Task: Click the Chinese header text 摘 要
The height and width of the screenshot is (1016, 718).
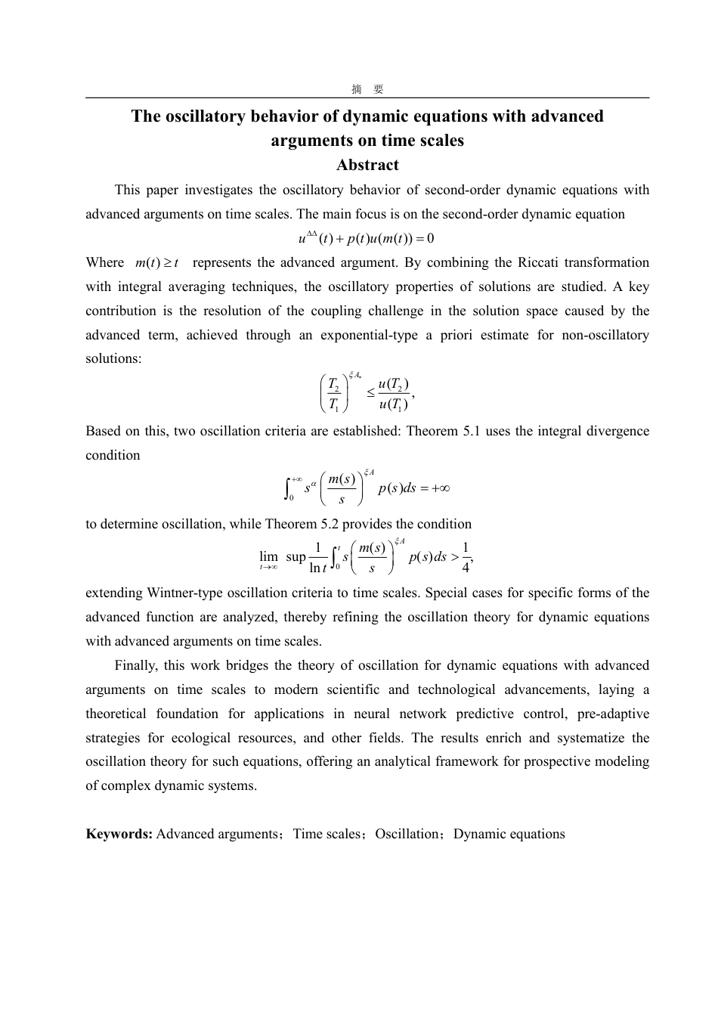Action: pyautogui.click(x=367, y=89)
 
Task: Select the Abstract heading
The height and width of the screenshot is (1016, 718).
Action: pyautogui.click(x=367, y=165)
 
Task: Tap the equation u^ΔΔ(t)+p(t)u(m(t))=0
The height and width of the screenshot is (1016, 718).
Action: pyautogui.click(x=367, y=239)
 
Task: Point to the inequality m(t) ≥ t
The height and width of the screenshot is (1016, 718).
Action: pyautogui.click(x=156, y=263)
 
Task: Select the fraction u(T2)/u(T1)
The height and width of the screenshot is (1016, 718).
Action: pyautogui.click(x=393, y=394)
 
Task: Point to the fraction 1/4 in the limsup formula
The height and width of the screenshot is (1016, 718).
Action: pyautogui.click(x=466, y=558)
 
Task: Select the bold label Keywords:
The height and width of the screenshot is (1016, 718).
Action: pyautogui.click(x=119, y=835)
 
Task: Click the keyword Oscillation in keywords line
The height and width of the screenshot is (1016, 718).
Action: pyautogui.click(x=407, y=835)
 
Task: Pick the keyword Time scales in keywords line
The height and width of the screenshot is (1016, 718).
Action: pyautogui.click(x=327, y=835)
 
